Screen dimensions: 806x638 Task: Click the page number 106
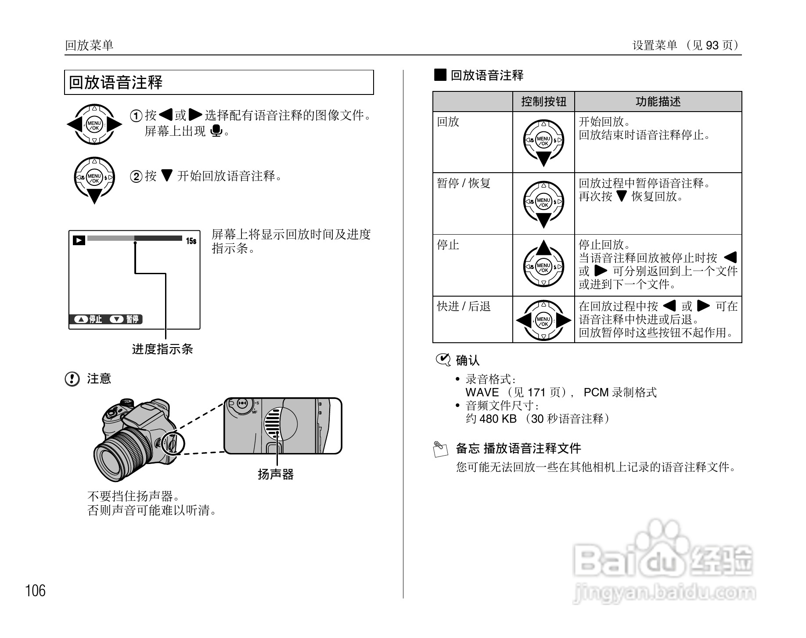36,591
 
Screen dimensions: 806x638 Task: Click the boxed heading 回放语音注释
116,83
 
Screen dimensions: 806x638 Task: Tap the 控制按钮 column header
543,101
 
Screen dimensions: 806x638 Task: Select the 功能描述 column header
658,101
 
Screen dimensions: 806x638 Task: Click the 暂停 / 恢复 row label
464,183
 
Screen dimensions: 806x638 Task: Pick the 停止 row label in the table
448,245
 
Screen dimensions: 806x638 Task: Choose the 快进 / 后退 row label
464,306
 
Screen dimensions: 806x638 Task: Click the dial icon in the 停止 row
543,264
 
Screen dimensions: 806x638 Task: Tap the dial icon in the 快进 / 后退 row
543,320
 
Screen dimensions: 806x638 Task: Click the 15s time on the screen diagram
191,241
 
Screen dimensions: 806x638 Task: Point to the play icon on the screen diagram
79,240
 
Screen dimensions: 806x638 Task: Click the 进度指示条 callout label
162,349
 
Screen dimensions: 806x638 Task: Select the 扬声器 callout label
276,475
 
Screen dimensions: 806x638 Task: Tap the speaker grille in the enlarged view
273,423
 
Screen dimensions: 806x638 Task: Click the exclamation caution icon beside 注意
72,379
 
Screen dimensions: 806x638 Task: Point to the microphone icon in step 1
216,131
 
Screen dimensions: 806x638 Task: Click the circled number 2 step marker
137,177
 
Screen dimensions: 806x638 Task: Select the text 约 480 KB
491,419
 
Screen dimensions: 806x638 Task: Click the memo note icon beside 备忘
441,449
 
